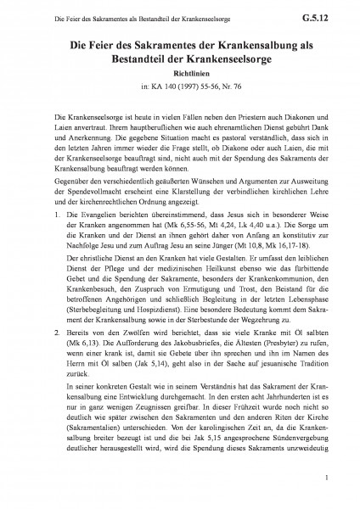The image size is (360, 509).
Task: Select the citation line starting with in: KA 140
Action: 180,86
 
